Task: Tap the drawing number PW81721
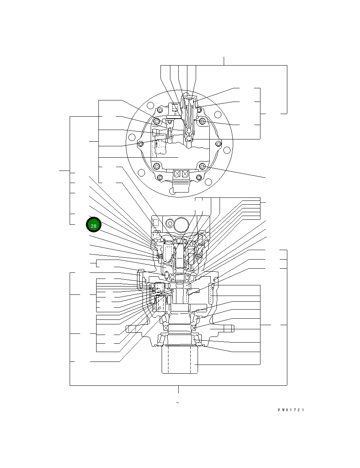(x=291, y=410)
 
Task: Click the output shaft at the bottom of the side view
(x=180, y=360)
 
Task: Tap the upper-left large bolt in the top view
(x=157, y=121)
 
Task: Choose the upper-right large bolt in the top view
(x=203, y=121)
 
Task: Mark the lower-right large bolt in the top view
(x=203, y=167)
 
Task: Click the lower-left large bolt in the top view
(x=157, y=167)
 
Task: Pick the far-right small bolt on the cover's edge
(x=219, y=144)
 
